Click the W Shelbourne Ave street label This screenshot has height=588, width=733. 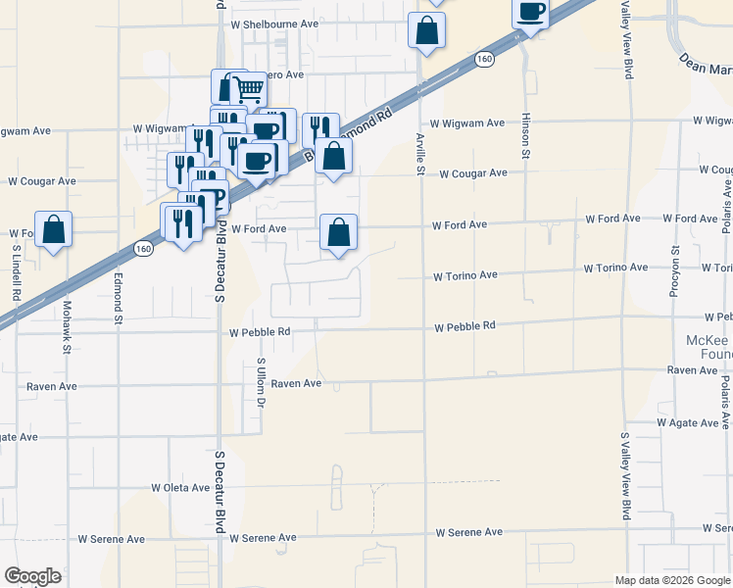pos(274,24)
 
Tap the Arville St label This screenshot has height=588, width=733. pos(419,154)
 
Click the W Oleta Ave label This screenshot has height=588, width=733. pos(182,487)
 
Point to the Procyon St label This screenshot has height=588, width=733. pos(676,254)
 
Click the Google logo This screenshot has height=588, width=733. pos(33,575)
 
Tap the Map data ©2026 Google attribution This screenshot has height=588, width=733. pos(672,580)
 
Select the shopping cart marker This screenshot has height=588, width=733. pos(249,90)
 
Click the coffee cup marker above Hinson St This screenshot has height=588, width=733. pos(531,12)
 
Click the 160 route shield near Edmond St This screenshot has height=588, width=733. pos(144,249)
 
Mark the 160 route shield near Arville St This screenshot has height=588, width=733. pos(484,60)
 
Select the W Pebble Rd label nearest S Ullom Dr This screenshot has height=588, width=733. pos(260,332)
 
